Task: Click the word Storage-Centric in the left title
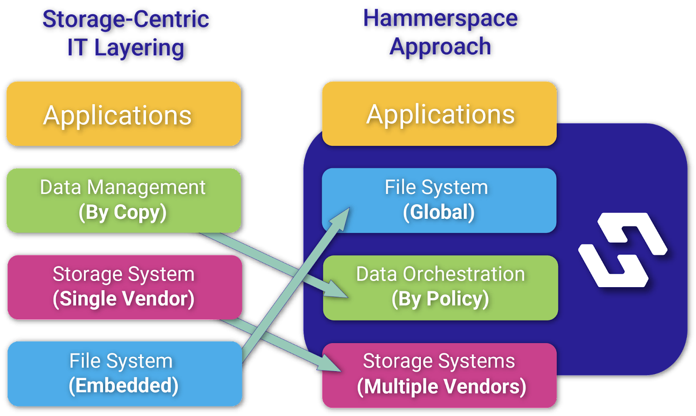click(x=126, y=19)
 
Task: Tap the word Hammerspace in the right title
click(x=440, y=18)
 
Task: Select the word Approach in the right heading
click(x=440, y=47)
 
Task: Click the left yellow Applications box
click(x=124, y=114)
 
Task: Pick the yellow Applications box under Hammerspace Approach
click(x=439, y=114)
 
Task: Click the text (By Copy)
click(x=123, y=213)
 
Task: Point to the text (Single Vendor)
click(x=124, y=299)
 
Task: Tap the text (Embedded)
click(x=124, y=386)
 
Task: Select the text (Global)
click(x=438, y=212)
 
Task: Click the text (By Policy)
click(x=440, y=299)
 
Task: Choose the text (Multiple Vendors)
click(x=441, y=386)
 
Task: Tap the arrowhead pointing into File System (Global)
click(x=342, y=218)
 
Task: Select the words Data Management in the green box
click(x=123, y=188)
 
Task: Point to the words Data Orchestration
click(x=440, y=274)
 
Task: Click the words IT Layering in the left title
click(x=126, y=48)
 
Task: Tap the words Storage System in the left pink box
click(x=124, y=274)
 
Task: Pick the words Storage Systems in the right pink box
click(x=439, y=361)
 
